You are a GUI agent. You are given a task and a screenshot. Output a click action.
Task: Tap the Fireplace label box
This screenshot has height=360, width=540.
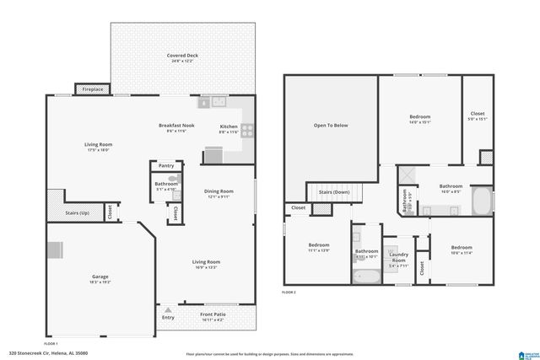pos(92,89)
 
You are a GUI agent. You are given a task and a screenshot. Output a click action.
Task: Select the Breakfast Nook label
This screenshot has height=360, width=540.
pos(176,127)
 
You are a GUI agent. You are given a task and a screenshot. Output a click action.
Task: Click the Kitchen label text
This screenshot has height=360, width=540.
pos(229,127)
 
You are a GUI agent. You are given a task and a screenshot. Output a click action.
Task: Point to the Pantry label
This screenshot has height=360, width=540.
pos(165,166)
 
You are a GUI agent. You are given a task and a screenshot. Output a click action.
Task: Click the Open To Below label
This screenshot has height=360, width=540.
pos(331,125)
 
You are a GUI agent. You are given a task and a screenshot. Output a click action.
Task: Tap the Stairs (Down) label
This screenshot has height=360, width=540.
pos(335,192)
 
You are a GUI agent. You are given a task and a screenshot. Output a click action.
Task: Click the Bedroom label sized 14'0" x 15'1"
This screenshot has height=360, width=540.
pos(419,119)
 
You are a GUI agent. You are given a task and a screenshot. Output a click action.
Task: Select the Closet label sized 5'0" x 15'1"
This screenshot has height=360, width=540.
pos(477,116)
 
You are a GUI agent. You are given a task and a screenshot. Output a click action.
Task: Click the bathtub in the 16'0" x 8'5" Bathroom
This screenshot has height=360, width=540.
pos(480,202)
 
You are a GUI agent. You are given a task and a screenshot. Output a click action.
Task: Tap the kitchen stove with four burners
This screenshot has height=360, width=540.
pos(248,130)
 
